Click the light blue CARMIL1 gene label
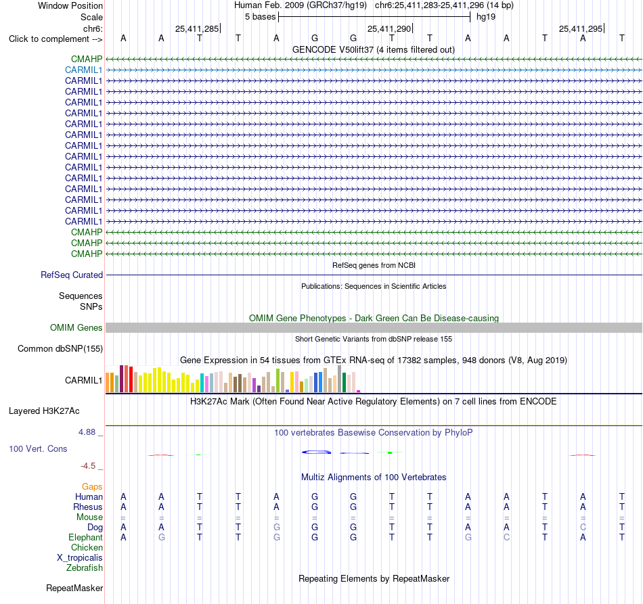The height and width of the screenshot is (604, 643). tap(84, 70)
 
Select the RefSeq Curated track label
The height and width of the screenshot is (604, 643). tap(72, 275)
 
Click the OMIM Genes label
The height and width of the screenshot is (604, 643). tap(76, 328)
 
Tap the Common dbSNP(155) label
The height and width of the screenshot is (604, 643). tap(60, 349)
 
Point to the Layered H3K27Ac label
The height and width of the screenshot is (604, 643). tap(44, 411)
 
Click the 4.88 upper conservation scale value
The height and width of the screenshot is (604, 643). tap(87, 432)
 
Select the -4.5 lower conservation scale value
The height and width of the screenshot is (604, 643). tap(88, 466)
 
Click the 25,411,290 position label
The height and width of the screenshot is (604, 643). tap(389, 28)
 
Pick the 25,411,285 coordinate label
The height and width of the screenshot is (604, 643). tap(197, 28)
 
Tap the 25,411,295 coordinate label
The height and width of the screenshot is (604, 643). tap(581, 28)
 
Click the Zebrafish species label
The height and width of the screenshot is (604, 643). tap(85, 568)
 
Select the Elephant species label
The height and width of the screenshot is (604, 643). tap(86, 538)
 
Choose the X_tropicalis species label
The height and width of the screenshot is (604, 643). tap(80, 558)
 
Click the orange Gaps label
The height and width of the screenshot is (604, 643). tap(92, 487)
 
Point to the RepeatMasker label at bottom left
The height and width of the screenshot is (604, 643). tap(74, 588)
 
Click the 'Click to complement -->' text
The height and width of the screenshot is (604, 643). tap(56, 39)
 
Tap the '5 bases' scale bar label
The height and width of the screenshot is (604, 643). tap(261, 17)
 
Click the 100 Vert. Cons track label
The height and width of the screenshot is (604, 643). tap(38, 449)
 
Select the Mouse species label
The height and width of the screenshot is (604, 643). tap(89, 517)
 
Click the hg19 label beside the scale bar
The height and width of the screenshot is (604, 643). tap(486, 17)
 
